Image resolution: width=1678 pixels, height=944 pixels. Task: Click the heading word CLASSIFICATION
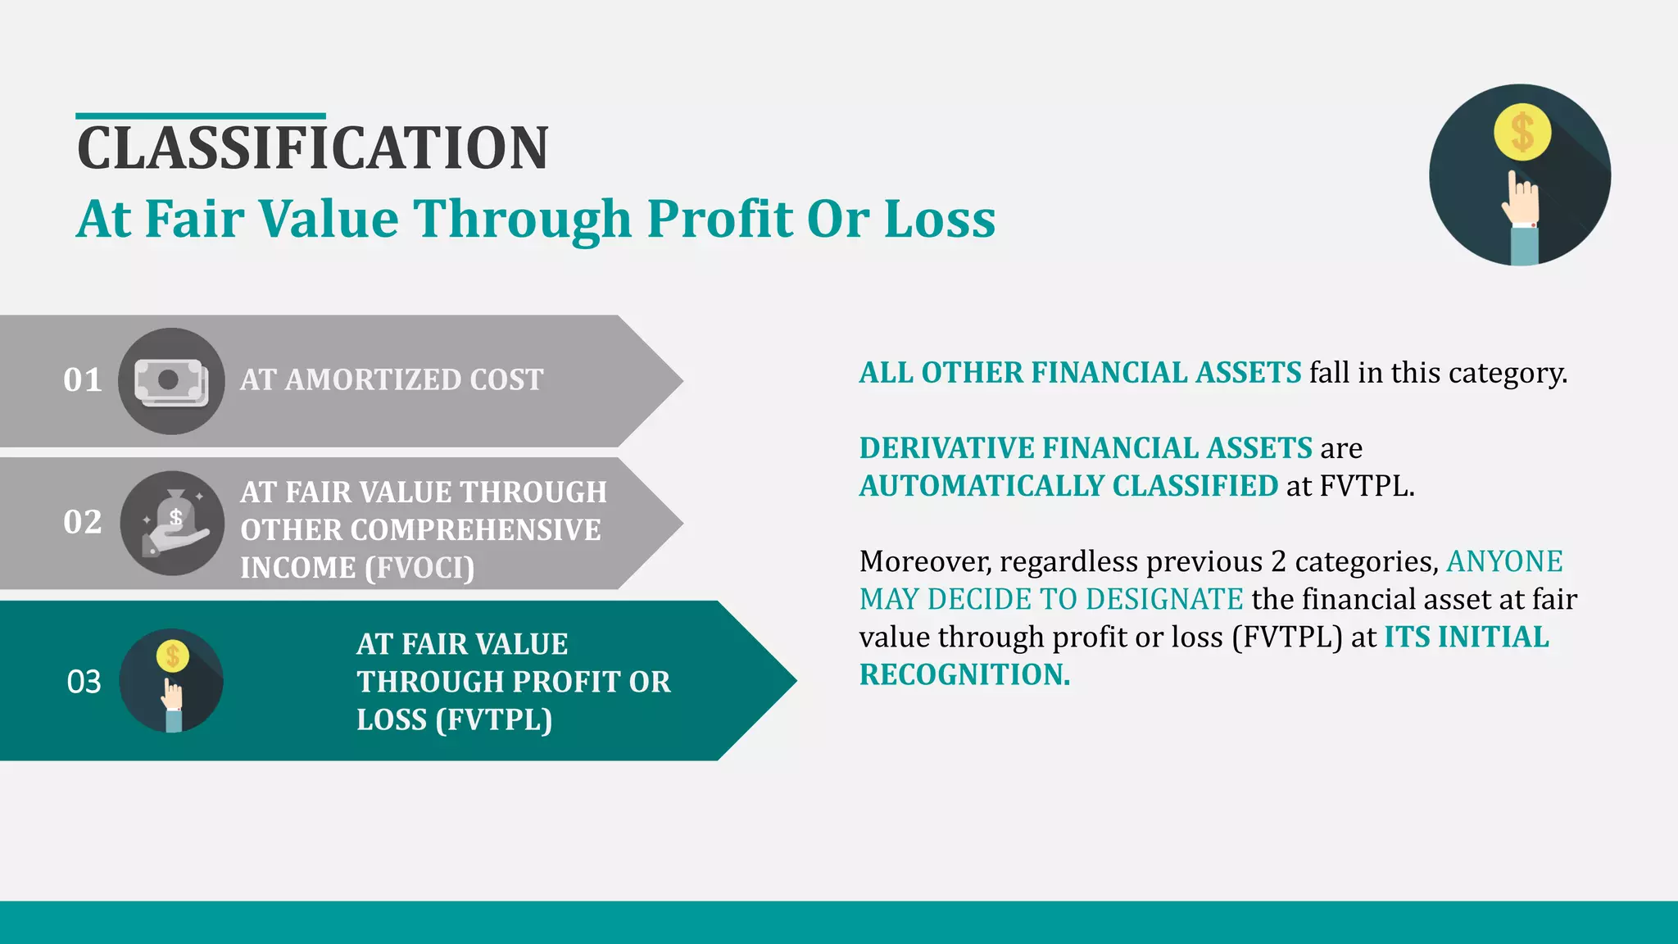(x=312, y=149)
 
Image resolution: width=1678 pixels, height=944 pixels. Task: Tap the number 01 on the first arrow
(x=83, y=380)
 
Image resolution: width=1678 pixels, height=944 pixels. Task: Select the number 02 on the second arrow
(x=83, y=523)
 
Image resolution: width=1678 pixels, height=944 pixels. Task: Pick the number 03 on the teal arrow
(x=84, y=682)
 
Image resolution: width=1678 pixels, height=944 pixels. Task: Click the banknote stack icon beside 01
(x=170, y=382)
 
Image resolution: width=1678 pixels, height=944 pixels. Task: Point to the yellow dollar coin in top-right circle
(x=1522, y=133)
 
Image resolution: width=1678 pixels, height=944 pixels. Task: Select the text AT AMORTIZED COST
(x=392, y=380)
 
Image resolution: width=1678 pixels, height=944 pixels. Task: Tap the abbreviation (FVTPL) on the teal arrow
(x=494, y=720)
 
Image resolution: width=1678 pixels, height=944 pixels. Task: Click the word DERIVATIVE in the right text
(x=946, y=448)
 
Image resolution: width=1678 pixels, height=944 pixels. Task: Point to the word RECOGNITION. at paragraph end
(x=964, y=674)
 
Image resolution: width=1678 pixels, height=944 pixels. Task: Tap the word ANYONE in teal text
(x=1504, y=562)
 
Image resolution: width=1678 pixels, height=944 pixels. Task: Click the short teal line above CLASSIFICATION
(x=201, y=116)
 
